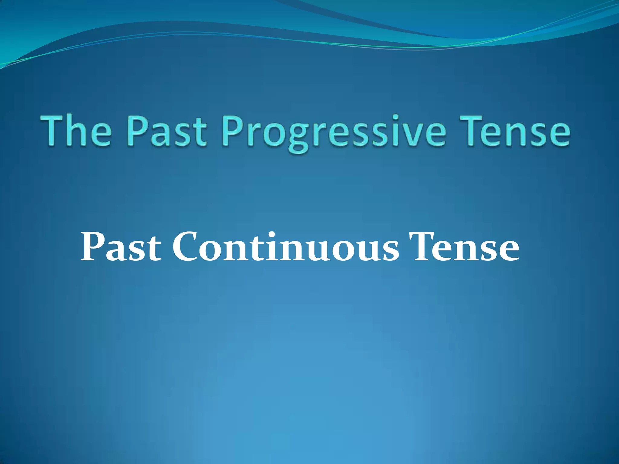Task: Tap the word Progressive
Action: pyautogui.click(x=334, y=133)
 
